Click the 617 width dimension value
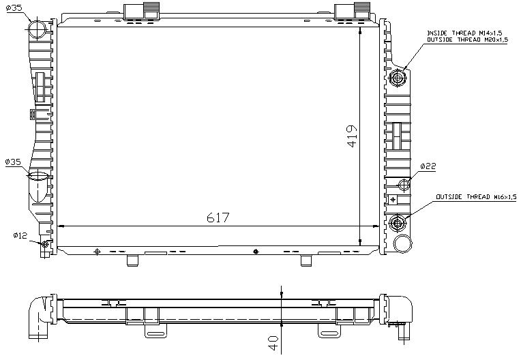[x=218, y=217]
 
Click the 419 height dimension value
[x=352, y=136]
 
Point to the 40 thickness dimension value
[x=273, y=342]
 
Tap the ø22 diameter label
[x=428, y=166]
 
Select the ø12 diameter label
[x=20, y=235]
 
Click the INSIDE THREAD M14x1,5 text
[x=464, y=33]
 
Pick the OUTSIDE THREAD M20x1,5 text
[x=467, y=40]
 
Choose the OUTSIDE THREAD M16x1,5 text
[x=476, y=197]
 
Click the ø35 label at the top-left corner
[x=14, y=8]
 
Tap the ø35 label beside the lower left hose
[x=13, y=162]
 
